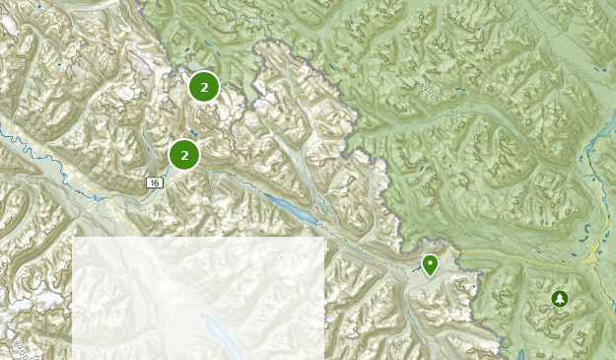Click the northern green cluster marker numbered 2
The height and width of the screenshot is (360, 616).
click(x=204, y=88)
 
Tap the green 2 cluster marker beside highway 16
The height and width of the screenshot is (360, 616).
click(x=184, y=155)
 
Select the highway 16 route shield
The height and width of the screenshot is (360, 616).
click(x=155, y=182)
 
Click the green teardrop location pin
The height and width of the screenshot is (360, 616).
click(x=430, y=264)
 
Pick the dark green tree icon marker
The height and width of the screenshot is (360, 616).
click(x=560, y=298)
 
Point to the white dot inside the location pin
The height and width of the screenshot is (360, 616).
click(x=430, y=262)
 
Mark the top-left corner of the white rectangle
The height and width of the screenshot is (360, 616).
click(x=73, y=238)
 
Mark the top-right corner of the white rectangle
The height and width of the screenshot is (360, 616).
click(x=324, y=238)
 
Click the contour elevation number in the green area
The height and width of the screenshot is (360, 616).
click(x=427, y=93)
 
